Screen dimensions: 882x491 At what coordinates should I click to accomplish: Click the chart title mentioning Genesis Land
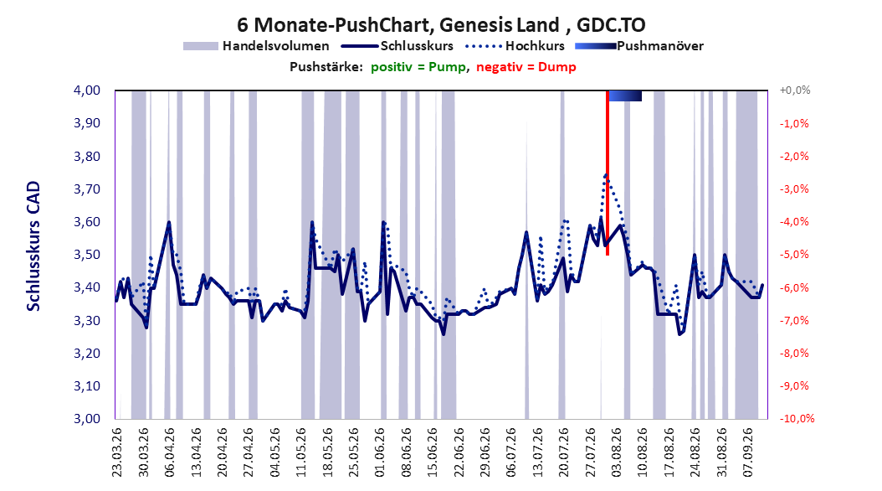(441, 25)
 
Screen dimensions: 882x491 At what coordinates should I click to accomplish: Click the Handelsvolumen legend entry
(257, 46)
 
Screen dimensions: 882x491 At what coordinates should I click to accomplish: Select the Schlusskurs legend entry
(397, 46)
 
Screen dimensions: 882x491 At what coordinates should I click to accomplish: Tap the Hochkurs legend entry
(515, 46)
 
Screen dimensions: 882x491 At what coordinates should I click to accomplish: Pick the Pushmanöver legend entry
(639, 46)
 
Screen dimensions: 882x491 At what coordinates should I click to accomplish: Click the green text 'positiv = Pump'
(418, 67)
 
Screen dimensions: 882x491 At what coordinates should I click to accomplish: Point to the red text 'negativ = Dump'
(526, 67)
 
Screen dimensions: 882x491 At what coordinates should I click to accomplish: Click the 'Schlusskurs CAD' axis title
(33, 246)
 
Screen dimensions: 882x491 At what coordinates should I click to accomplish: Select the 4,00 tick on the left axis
(87, 90)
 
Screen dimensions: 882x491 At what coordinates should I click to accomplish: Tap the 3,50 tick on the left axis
(87, 255)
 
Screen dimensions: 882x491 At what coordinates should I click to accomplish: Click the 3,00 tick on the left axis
(87, 418)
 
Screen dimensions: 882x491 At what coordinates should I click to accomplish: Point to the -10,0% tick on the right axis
(797, 418)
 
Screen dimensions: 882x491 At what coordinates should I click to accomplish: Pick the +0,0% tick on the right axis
(795, 90)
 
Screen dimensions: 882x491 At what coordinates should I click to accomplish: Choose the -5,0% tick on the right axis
(794, 255)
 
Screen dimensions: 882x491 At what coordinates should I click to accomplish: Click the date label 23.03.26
(117, 452)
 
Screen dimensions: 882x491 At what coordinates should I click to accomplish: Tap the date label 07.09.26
(748, 452)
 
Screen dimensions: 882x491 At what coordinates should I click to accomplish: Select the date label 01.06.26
(380, 452)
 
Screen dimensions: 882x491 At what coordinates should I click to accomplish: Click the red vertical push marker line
(608, 173)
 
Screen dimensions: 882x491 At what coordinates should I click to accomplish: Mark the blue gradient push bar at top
(625, 96)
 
